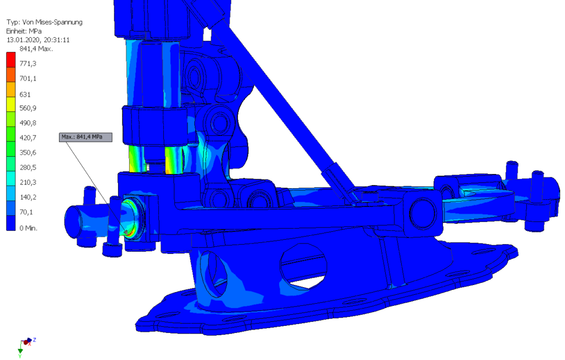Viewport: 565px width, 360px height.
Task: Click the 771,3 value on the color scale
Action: click(x=28, y=63)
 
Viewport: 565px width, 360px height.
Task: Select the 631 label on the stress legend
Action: click(x=25, y=94)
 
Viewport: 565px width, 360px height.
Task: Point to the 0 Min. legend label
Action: click(x=29, y=228)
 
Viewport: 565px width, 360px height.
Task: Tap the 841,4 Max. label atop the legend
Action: click(x=36, y=49)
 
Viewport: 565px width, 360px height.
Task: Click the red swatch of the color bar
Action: click(x=11, y=60)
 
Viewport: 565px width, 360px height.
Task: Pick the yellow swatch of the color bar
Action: click(x=11, y=104)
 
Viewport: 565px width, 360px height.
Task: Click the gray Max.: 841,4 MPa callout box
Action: click(x=86, y=137)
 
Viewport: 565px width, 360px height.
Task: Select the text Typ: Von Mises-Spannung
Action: click(x=44, y=22)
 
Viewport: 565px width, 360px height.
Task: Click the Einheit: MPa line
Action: click(x=24, y=31)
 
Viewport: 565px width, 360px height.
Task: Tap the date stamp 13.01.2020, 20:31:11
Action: click(x=38, y=40)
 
